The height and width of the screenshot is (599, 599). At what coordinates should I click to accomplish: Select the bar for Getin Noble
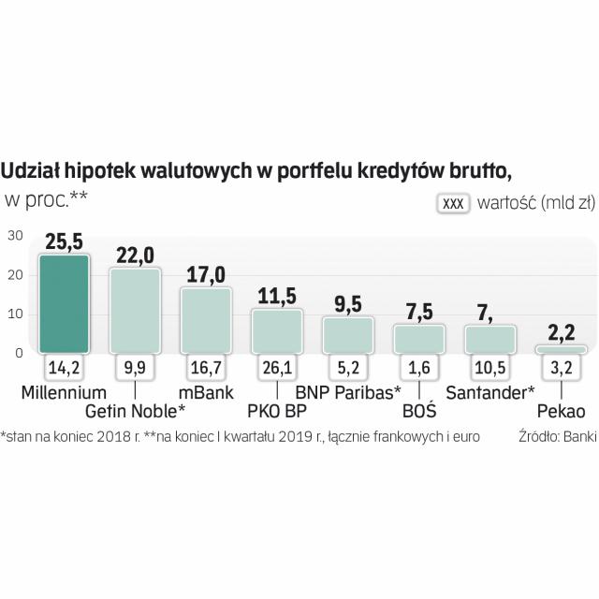coord(135,310)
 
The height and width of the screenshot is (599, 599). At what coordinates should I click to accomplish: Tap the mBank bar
coord(206,319)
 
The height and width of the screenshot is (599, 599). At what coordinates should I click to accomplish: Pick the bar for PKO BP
coord(277,330)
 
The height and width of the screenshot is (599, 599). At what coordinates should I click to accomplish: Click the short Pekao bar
coord(562,349)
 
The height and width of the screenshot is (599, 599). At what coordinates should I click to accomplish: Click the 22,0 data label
coord(135,256)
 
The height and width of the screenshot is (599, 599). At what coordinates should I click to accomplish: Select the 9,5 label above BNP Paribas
coord(348,304)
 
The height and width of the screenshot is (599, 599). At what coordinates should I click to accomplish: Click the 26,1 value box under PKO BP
coord(277,367)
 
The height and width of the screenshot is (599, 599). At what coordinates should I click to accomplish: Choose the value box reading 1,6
coord(419,367)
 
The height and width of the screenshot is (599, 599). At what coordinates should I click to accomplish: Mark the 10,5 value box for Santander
coord(490,367)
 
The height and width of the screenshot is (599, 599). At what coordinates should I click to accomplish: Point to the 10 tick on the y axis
coord(15,314)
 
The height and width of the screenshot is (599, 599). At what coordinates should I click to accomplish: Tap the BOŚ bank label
coord(419,409)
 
